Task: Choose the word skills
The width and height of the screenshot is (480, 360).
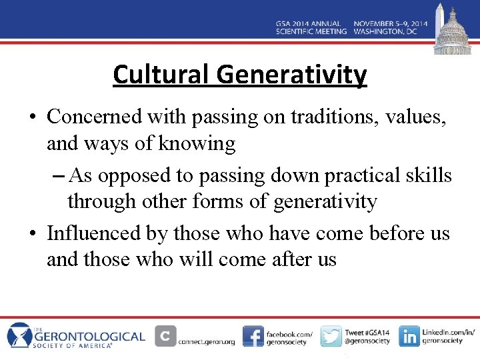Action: coord(428,175)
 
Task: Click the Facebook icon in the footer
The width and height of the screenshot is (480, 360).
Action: coord(253,336)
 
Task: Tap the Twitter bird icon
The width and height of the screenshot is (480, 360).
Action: coord(331,336)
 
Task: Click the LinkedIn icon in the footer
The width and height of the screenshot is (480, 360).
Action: coord(409,336)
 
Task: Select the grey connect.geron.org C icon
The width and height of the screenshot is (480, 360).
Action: coord(165,336)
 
